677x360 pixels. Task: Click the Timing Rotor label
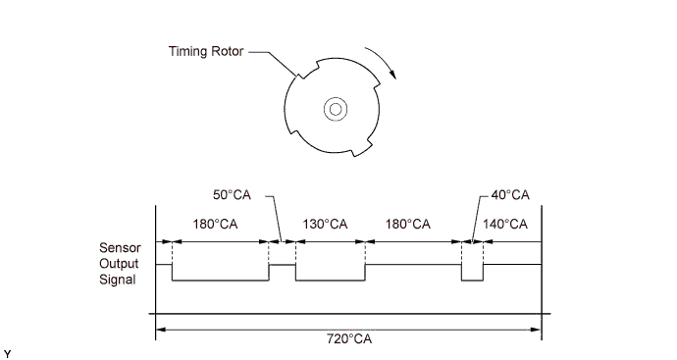206,51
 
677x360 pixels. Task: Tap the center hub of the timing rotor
336,109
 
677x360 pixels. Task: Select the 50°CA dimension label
232,195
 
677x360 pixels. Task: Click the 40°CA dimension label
510,195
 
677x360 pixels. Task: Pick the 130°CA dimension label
325,225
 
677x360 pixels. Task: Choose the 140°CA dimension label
505,225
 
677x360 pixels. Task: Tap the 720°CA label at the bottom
349,338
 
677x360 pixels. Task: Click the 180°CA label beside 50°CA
215,225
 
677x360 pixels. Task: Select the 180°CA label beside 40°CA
407,225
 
